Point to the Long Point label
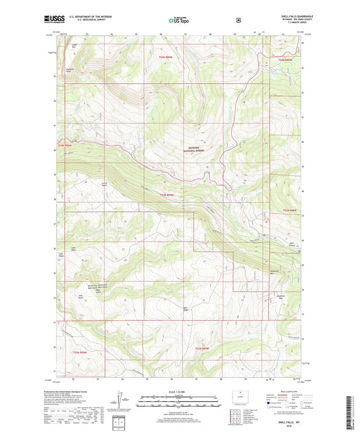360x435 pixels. coord(81,295)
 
